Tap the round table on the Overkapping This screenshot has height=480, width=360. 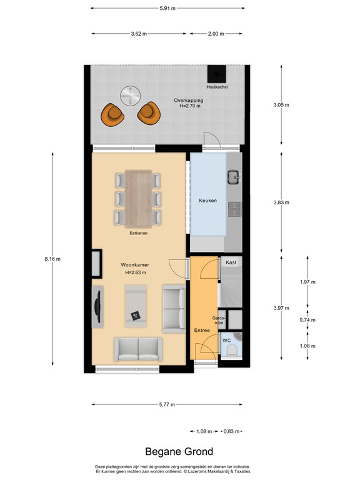(130, 95)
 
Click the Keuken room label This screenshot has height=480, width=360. (207, 201)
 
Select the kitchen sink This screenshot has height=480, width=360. (234, 176)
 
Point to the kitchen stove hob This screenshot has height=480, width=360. (234, 209)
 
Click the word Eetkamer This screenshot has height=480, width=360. (138, 233)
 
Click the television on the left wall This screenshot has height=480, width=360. (97, 305)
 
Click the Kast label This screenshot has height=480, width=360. (231, 263)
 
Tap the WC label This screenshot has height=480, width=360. (226, 340)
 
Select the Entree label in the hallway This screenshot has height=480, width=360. (201, 330)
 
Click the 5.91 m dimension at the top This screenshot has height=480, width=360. (167, 8)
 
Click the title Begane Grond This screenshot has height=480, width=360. (179, 451)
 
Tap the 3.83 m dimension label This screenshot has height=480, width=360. (282, 202)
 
